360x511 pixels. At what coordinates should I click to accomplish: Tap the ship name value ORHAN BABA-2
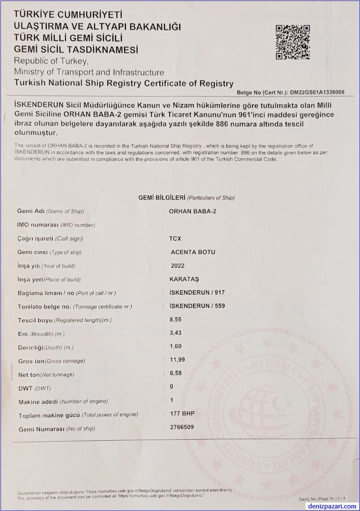pos(193,211)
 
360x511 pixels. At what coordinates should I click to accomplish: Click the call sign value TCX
pos(176,239)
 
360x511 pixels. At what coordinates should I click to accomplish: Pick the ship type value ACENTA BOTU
pos(192,252)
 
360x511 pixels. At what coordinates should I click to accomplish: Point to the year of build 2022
pos(178,266)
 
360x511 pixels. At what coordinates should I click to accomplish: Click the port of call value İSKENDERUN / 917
pos(194,292)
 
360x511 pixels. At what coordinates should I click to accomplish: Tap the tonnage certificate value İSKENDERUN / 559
pos(194,306)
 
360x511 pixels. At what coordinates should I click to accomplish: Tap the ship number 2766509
pos(182,427)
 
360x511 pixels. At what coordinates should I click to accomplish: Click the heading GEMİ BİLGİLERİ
pos(162,198)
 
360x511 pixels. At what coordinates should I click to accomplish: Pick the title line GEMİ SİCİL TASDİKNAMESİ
pos(76,49)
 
